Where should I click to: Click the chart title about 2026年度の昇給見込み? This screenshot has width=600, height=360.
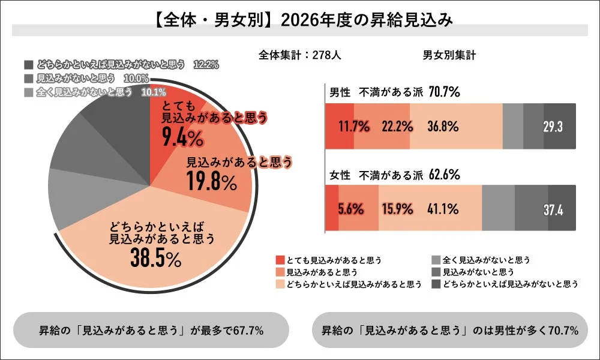299,19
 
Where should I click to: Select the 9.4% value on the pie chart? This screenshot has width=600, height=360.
183,139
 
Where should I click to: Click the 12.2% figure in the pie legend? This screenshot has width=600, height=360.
205,64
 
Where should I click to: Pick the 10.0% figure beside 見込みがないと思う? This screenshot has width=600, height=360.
136,78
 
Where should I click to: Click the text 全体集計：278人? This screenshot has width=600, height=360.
300,55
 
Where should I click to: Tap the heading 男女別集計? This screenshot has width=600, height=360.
449,55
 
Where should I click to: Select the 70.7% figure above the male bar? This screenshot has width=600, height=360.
444,92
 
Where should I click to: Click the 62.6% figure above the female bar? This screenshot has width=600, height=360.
444,175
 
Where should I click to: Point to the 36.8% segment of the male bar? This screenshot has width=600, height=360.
443,127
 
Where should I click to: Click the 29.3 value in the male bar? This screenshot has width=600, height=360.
553,127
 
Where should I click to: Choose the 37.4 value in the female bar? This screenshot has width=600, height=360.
553,209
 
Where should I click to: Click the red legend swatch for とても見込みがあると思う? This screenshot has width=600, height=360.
280,260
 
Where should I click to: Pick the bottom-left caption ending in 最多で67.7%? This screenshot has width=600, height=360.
151,330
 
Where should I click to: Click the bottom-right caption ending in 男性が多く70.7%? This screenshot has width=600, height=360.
449,330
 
